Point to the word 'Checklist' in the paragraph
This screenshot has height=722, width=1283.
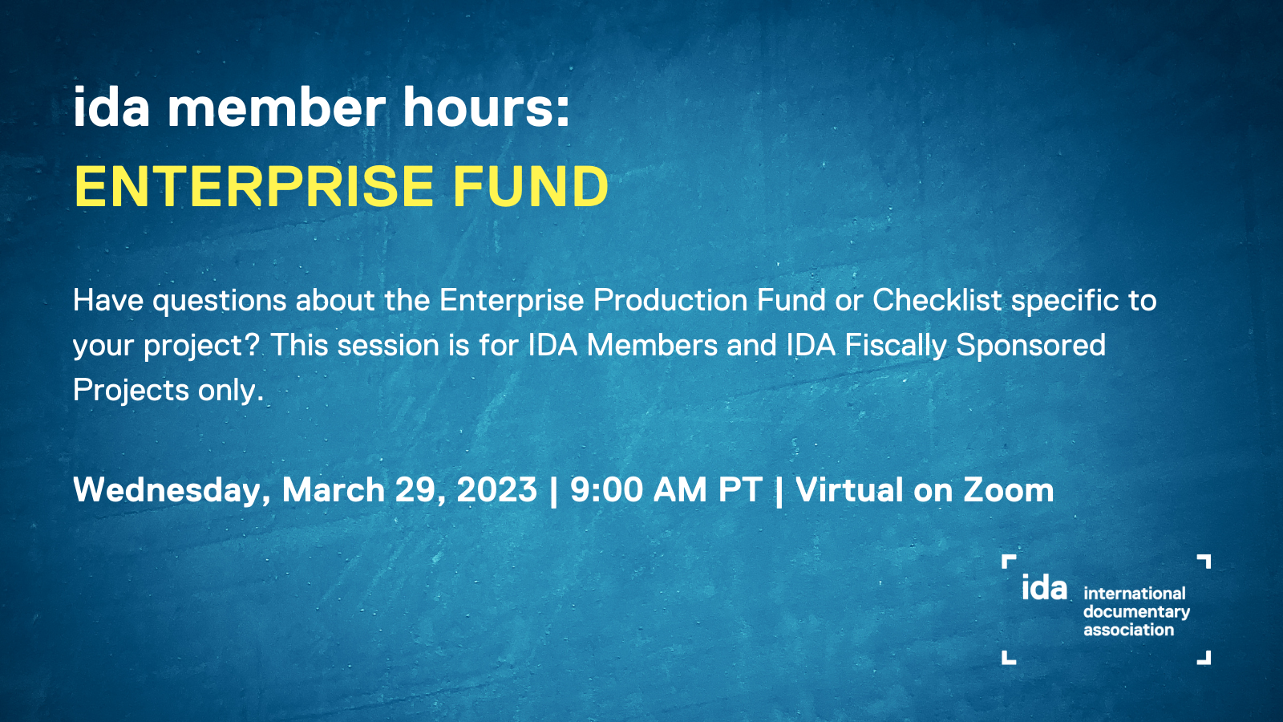click(937, 300)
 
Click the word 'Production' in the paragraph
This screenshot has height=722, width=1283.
click(670, 300)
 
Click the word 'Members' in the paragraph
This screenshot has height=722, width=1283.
click(652, 345)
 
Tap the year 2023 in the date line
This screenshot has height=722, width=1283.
click(496, 490)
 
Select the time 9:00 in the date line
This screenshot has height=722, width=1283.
click(606, 490)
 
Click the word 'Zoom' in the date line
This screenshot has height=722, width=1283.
click(1008, 490)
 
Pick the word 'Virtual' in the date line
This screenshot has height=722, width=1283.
click(849, 490)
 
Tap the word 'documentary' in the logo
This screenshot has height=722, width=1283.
click(1136, 612)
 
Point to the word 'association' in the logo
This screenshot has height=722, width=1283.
click(1128, 630)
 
